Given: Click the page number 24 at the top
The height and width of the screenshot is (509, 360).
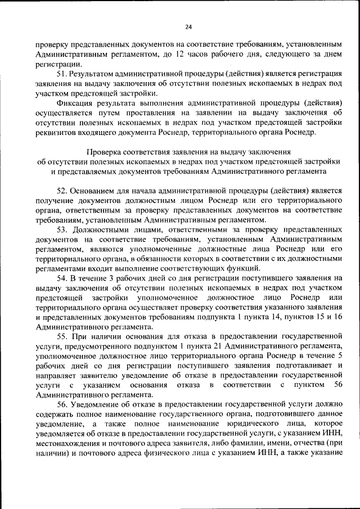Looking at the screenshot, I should point(188,27).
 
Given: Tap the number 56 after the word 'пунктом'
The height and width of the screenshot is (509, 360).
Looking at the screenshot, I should point(338,385).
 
